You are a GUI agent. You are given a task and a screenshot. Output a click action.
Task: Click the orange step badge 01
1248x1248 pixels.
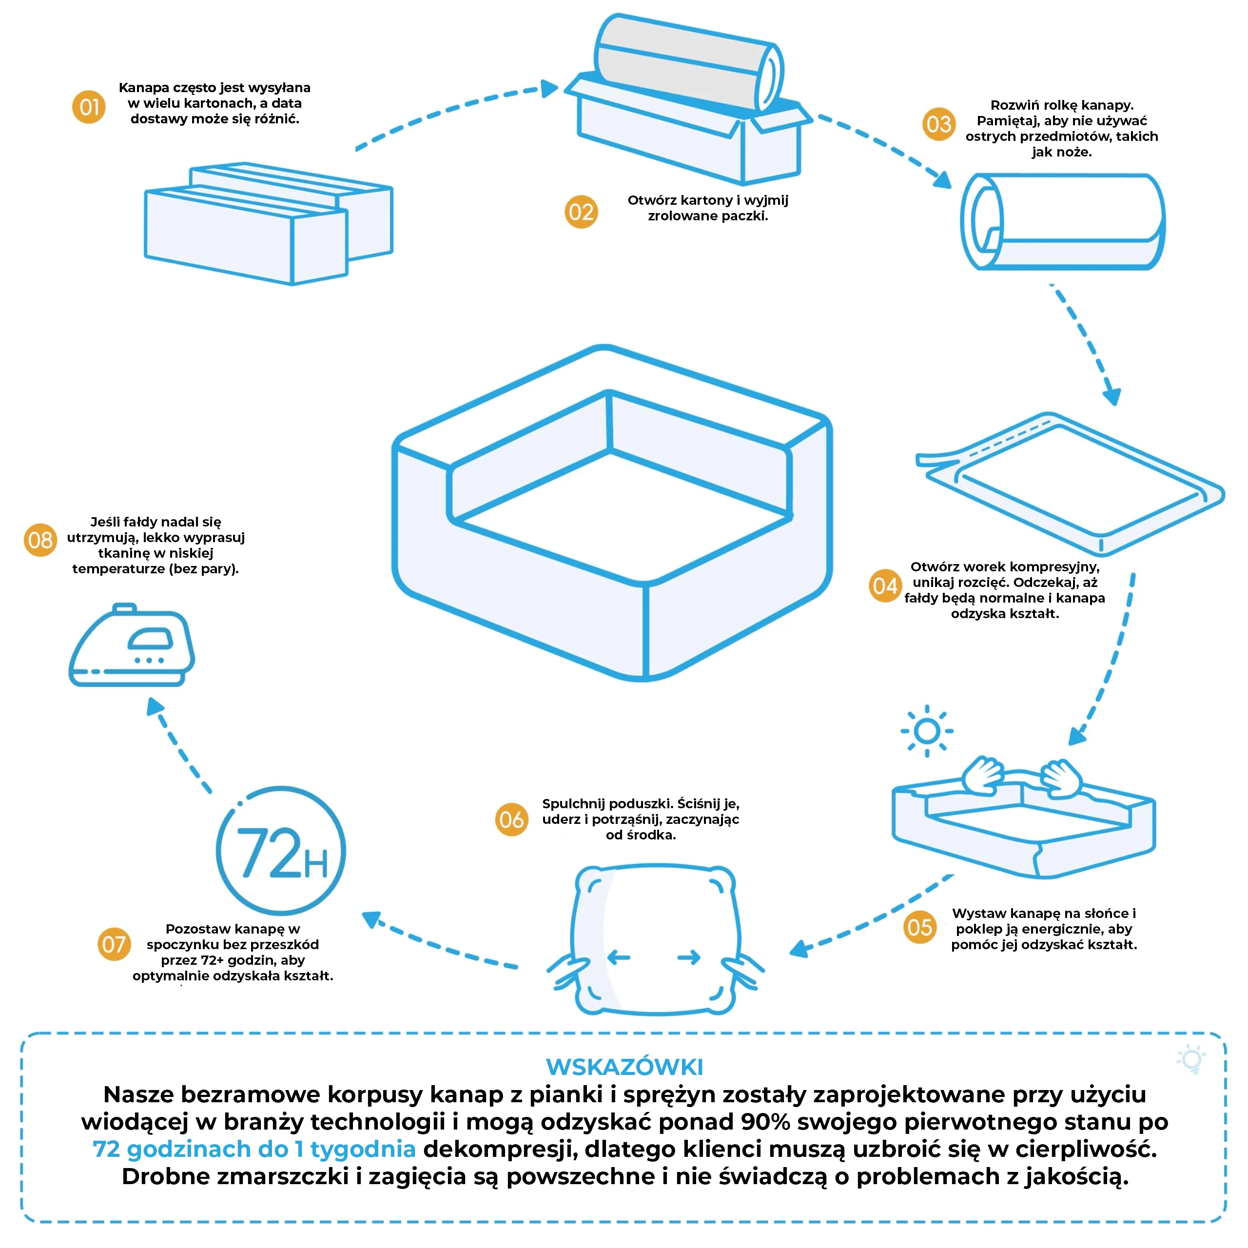coord(89,107)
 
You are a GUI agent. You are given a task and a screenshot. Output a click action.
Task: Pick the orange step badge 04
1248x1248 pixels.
coord(885,586)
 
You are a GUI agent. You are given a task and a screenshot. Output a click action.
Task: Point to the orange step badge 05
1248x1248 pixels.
coord(920,928)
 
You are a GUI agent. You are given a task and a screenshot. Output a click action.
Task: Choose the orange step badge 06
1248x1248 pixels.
coord(511,819)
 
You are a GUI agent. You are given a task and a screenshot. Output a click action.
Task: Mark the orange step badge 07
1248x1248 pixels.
coord(115,944)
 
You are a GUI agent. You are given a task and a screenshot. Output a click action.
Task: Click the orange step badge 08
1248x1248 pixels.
coord(40,539)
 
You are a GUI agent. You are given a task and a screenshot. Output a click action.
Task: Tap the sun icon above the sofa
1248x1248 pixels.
coord(927,731)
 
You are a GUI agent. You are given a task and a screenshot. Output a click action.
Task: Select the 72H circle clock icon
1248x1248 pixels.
coord(281,851)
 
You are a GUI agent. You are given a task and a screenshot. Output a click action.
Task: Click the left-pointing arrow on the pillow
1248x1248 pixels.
coord(619,957)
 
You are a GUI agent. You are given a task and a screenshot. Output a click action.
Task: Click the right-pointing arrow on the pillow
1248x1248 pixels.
coord(689,957)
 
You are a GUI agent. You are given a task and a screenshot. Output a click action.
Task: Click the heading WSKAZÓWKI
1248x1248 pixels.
coord(624,1067)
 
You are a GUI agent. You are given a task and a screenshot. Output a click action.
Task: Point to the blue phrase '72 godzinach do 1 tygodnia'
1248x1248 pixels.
coord(254,1149)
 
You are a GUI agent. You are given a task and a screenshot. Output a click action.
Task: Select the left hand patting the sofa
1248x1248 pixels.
coord(982,775)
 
